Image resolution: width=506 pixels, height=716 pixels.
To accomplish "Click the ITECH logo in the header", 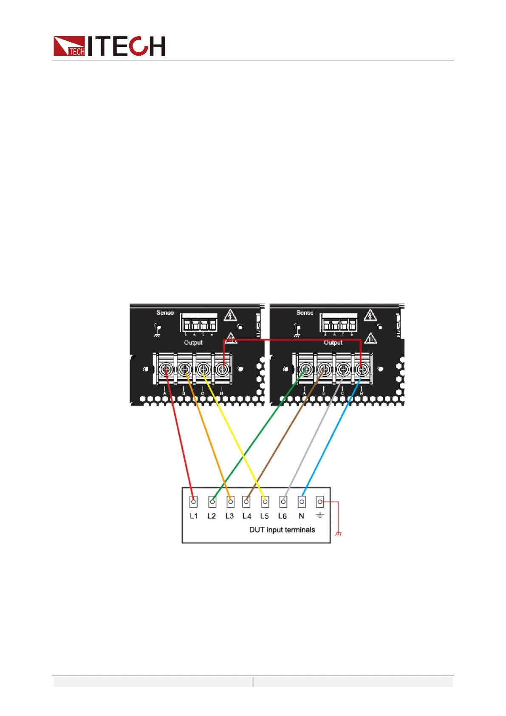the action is [109, 46].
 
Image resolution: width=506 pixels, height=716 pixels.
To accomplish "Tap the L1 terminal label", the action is [194, 516].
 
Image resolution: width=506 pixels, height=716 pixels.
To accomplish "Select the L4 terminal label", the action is [247, 516].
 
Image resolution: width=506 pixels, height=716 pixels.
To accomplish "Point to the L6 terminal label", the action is [283, 516].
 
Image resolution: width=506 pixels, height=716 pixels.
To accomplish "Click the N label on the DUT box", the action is [301, 516].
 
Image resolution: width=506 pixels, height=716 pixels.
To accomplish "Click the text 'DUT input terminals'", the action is [282, 530].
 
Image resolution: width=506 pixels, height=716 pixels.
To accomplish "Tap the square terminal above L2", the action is [212, 502].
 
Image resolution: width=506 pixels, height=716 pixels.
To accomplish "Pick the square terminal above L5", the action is [265, 502].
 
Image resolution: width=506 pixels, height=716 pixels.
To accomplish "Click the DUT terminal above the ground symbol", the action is [320, 502].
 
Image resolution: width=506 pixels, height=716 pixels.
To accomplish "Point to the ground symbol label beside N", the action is [320, 515].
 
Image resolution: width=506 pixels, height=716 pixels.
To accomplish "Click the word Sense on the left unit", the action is [165, 313].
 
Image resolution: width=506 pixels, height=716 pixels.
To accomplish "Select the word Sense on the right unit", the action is [305, 313].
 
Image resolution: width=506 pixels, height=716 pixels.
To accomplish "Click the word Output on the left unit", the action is [193, 342].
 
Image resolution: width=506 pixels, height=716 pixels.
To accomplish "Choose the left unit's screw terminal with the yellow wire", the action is [203, 369].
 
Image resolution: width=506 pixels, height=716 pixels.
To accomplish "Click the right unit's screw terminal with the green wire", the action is [305, 369].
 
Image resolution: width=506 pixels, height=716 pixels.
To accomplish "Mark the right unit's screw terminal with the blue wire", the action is [362, 369].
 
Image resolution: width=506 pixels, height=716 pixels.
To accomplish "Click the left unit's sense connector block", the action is [199, 323].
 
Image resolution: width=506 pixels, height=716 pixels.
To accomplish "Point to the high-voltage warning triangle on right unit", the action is [370, 315].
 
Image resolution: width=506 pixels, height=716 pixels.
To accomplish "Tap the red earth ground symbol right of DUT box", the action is [339, 534].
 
